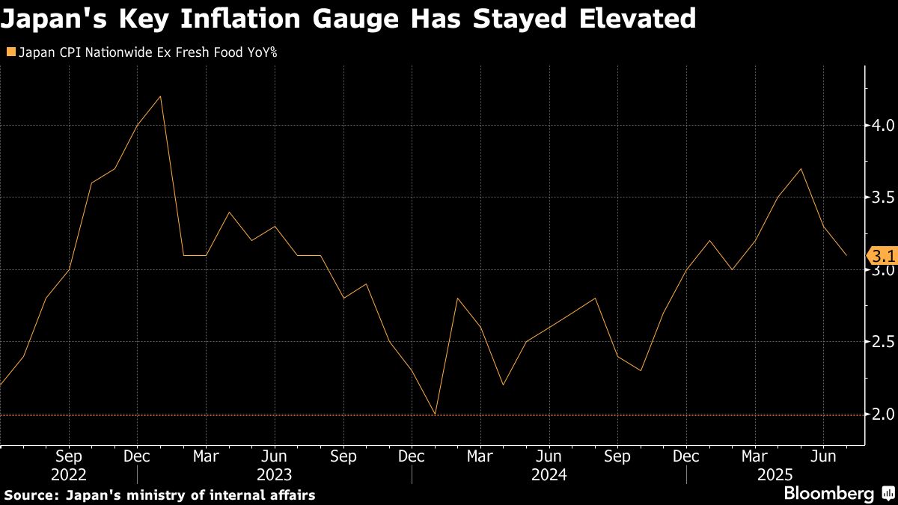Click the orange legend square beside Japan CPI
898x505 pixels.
pos(10,52)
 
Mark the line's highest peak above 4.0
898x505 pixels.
pos(161,97)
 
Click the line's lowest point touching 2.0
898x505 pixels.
pos(435,414)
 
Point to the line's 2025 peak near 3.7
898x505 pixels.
pos(801,169)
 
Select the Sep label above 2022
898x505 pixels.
pos(69,456)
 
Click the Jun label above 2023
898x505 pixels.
pos(275,456)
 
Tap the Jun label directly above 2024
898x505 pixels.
pos(549,456)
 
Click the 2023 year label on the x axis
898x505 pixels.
pos(275,474)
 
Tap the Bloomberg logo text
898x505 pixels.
pos(828,494)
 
